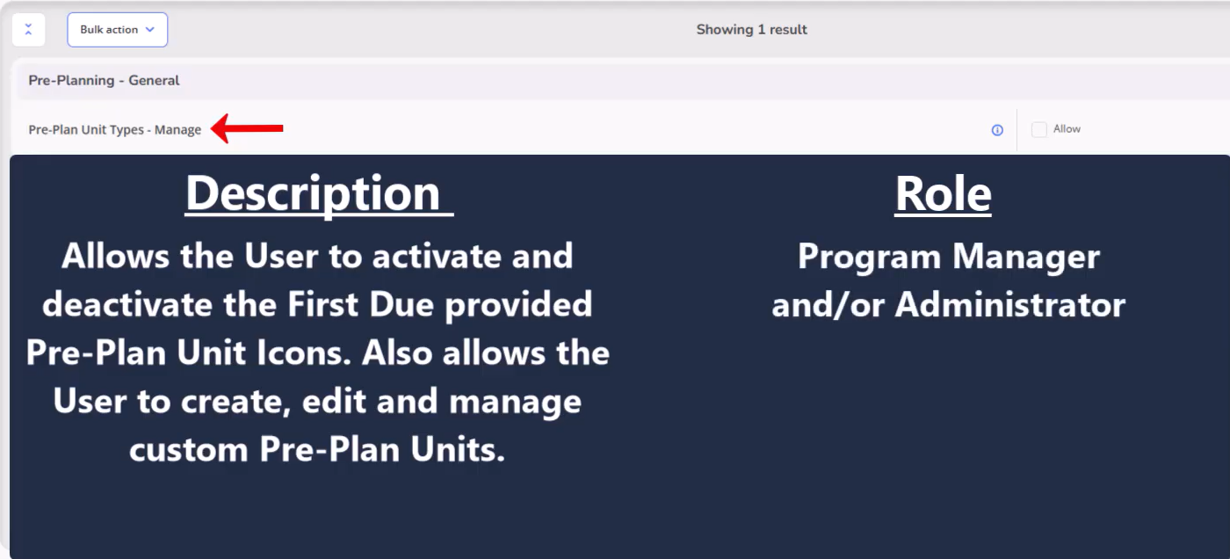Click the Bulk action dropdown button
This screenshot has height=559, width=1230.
pyautogui.click(x=117, y=30)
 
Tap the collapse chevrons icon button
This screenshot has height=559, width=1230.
pyautogui.click(x=28, y=30)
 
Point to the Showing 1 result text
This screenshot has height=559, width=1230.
pyautogui.click(x=751, y=30)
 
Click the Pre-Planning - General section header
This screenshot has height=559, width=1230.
pyautogui.click(x=104, y=81)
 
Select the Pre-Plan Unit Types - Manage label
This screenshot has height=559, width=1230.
pyautogui.click(x=115, y=129)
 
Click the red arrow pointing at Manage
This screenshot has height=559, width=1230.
pyautogui.click(x=247, y=128)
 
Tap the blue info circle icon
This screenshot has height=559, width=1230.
pyautogui.click(x=997, y=130)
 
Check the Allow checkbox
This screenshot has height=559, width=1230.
pyautogui.click(x=1038, y=129)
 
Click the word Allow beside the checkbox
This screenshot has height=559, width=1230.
pyautogui.click(x=1067, y=129)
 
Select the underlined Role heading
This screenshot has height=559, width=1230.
pyautogui.click(x=943, y=194)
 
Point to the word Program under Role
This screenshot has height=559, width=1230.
pyautogui.click(x=869, y=257)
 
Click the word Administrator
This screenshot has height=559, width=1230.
pyautogui.click(x=1009, y=305)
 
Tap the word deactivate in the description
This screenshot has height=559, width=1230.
pyautogui.click(x=127, y=304)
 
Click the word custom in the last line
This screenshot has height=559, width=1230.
pyautogui.click(x=188, y=450)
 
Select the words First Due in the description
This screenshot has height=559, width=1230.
pyautogui.click(x=361, y=304)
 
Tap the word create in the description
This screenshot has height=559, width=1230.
pyautogui.click(x=235, y=402)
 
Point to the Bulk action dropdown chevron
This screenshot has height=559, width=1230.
pyautogui.click(x=150, y=30)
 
